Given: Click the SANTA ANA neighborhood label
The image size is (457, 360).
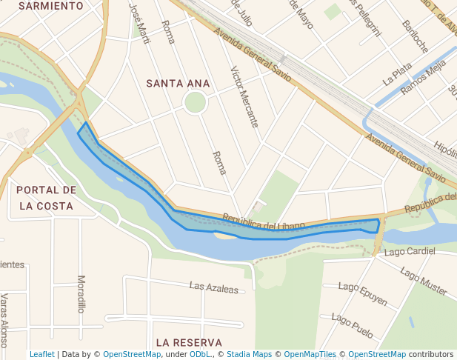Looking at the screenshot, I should (x=178, y=84).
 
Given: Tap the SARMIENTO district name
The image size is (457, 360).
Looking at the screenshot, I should (x=50, y=6).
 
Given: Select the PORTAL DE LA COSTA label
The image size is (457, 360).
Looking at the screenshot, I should (x=46, y=198).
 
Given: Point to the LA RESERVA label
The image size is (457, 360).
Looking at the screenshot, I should (x=189, y=342).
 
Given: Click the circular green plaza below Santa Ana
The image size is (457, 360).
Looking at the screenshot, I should (x=195, y=102).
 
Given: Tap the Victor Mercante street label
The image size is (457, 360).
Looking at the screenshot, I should (x=244, y=96).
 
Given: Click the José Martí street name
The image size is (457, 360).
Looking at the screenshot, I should (x=139, y=22).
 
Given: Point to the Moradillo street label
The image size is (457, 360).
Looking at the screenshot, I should (x=81, y=294).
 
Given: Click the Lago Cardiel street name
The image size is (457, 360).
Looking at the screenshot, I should (x=410, y=252).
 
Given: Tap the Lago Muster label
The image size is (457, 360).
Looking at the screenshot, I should (x=424, y=281).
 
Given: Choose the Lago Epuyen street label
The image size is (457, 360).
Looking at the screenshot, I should (x=362, y=294).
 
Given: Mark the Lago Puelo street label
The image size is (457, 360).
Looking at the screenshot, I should (x=352, y=325).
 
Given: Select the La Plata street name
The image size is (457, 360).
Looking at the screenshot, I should (x=397, y=72).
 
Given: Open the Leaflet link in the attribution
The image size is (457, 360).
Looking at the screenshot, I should (x=41, y=355).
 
